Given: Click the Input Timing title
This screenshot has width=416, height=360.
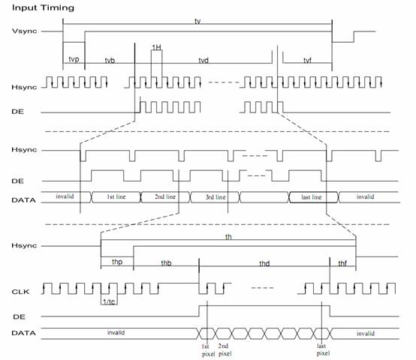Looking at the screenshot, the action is [43, 8].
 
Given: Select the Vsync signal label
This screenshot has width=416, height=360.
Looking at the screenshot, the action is [25, 31].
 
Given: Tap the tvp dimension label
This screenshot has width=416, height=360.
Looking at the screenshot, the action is [74, 59].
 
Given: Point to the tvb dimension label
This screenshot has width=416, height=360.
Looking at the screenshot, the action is [110, 61].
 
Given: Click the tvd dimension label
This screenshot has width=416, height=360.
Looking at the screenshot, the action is [203, 61].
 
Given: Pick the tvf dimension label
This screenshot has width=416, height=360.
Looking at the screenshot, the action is [307, 61].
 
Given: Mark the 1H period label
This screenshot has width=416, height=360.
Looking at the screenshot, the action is [156, 47].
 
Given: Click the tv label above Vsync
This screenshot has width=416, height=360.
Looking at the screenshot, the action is [197, 21].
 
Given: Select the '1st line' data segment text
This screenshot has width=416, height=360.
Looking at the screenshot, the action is [116, 196].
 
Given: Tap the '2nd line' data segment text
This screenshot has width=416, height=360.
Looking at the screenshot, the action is [165, 196].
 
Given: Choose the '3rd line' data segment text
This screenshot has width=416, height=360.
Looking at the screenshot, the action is [216, 197].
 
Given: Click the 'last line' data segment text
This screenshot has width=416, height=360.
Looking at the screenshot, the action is [312, 197].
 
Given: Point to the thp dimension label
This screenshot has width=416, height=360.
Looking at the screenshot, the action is [117, 262].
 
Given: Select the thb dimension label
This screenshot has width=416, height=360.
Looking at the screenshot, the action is [166, 263].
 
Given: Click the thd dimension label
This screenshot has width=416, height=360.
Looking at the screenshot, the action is [264, 263].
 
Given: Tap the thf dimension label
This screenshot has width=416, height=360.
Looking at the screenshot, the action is [342, 263].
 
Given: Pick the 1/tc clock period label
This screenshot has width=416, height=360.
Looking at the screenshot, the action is [109, 301].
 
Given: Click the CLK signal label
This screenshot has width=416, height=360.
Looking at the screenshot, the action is [20, 292].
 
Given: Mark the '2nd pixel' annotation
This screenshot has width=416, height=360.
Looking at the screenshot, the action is [225, 349].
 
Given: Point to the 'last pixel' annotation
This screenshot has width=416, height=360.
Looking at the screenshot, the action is [323, 349].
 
